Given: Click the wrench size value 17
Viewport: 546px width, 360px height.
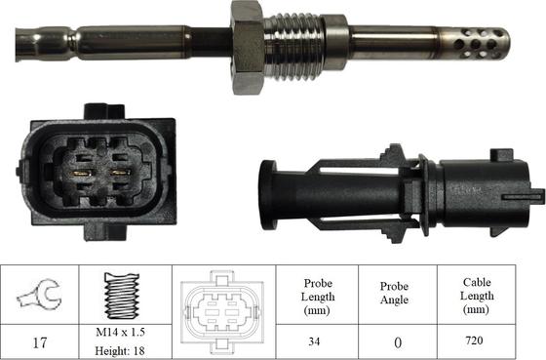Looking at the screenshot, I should coord(42,342).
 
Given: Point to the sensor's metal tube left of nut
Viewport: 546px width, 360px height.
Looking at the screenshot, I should coord(127,42).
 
